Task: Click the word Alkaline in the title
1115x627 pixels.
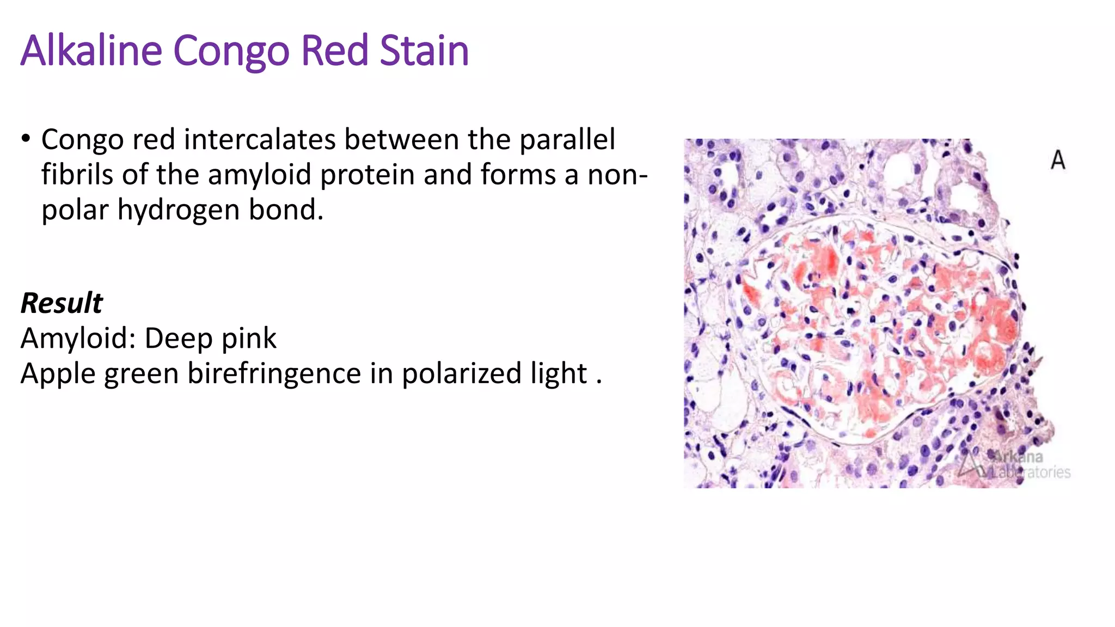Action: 91,51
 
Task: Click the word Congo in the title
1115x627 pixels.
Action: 231,51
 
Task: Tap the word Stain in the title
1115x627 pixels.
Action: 424,51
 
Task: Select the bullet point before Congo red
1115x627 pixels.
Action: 26,139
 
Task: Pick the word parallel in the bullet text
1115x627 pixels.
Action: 567,139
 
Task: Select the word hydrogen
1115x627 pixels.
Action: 179,210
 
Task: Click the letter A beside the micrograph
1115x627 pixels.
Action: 1058,160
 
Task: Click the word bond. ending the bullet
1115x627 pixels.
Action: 286,210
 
